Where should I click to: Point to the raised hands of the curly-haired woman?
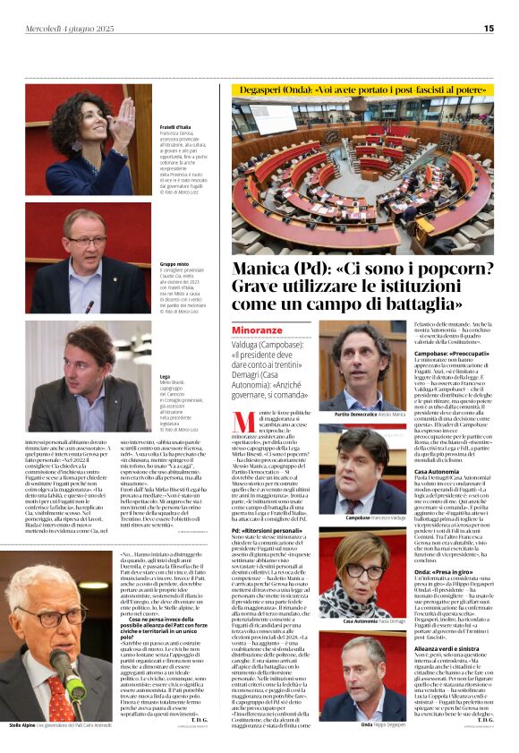pos(124,116)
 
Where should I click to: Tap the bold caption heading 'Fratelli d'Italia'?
pos(175,128)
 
